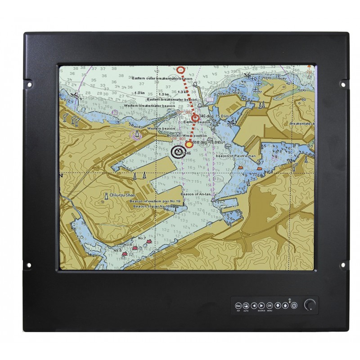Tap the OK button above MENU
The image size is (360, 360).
pos(270,306)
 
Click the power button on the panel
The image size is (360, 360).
pos(294,306)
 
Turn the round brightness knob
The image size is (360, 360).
pos(309,305)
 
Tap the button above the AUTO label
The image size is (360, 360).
pos(246,306)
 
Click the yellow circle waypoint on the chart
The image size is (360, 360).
pos(189,144)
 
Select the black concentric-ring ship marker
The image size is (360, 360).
pos(178,152)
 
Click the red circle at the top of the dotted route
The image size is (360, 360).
pos(181,70)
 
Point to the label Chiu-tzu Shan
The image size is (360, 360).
pos(121,196)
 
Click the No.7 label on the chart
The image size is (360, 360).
pos(142,237)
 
